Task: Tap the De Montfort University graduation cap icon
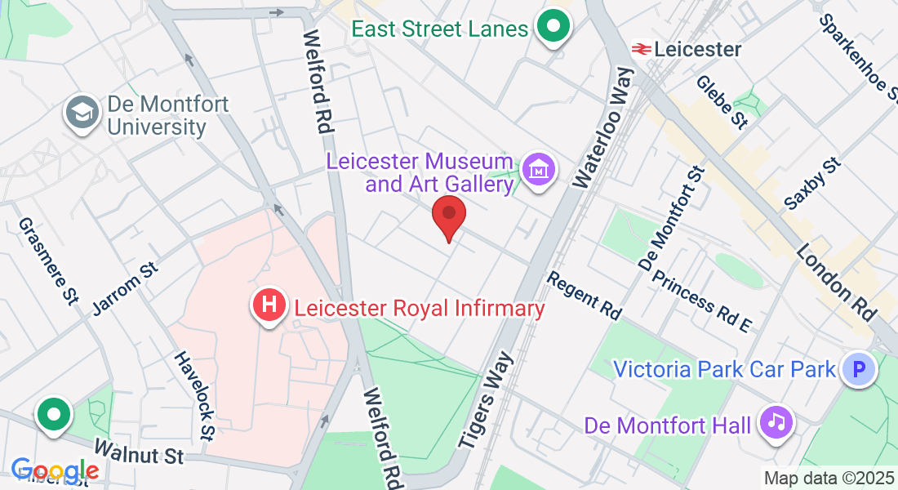[x=82, y=115]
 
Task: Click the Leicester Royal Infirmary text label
[x=419, y=309]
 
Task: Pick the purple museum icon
[x=539, y=170]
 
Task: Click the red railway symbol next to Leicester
[x=640, y=50]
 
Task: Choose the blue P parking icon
[x=858, y=370]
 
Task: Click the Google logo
[x=55, y=471]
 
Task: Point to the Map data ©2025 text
[x=828, y=478]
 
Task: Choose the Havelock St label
[x=195, y=396]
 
